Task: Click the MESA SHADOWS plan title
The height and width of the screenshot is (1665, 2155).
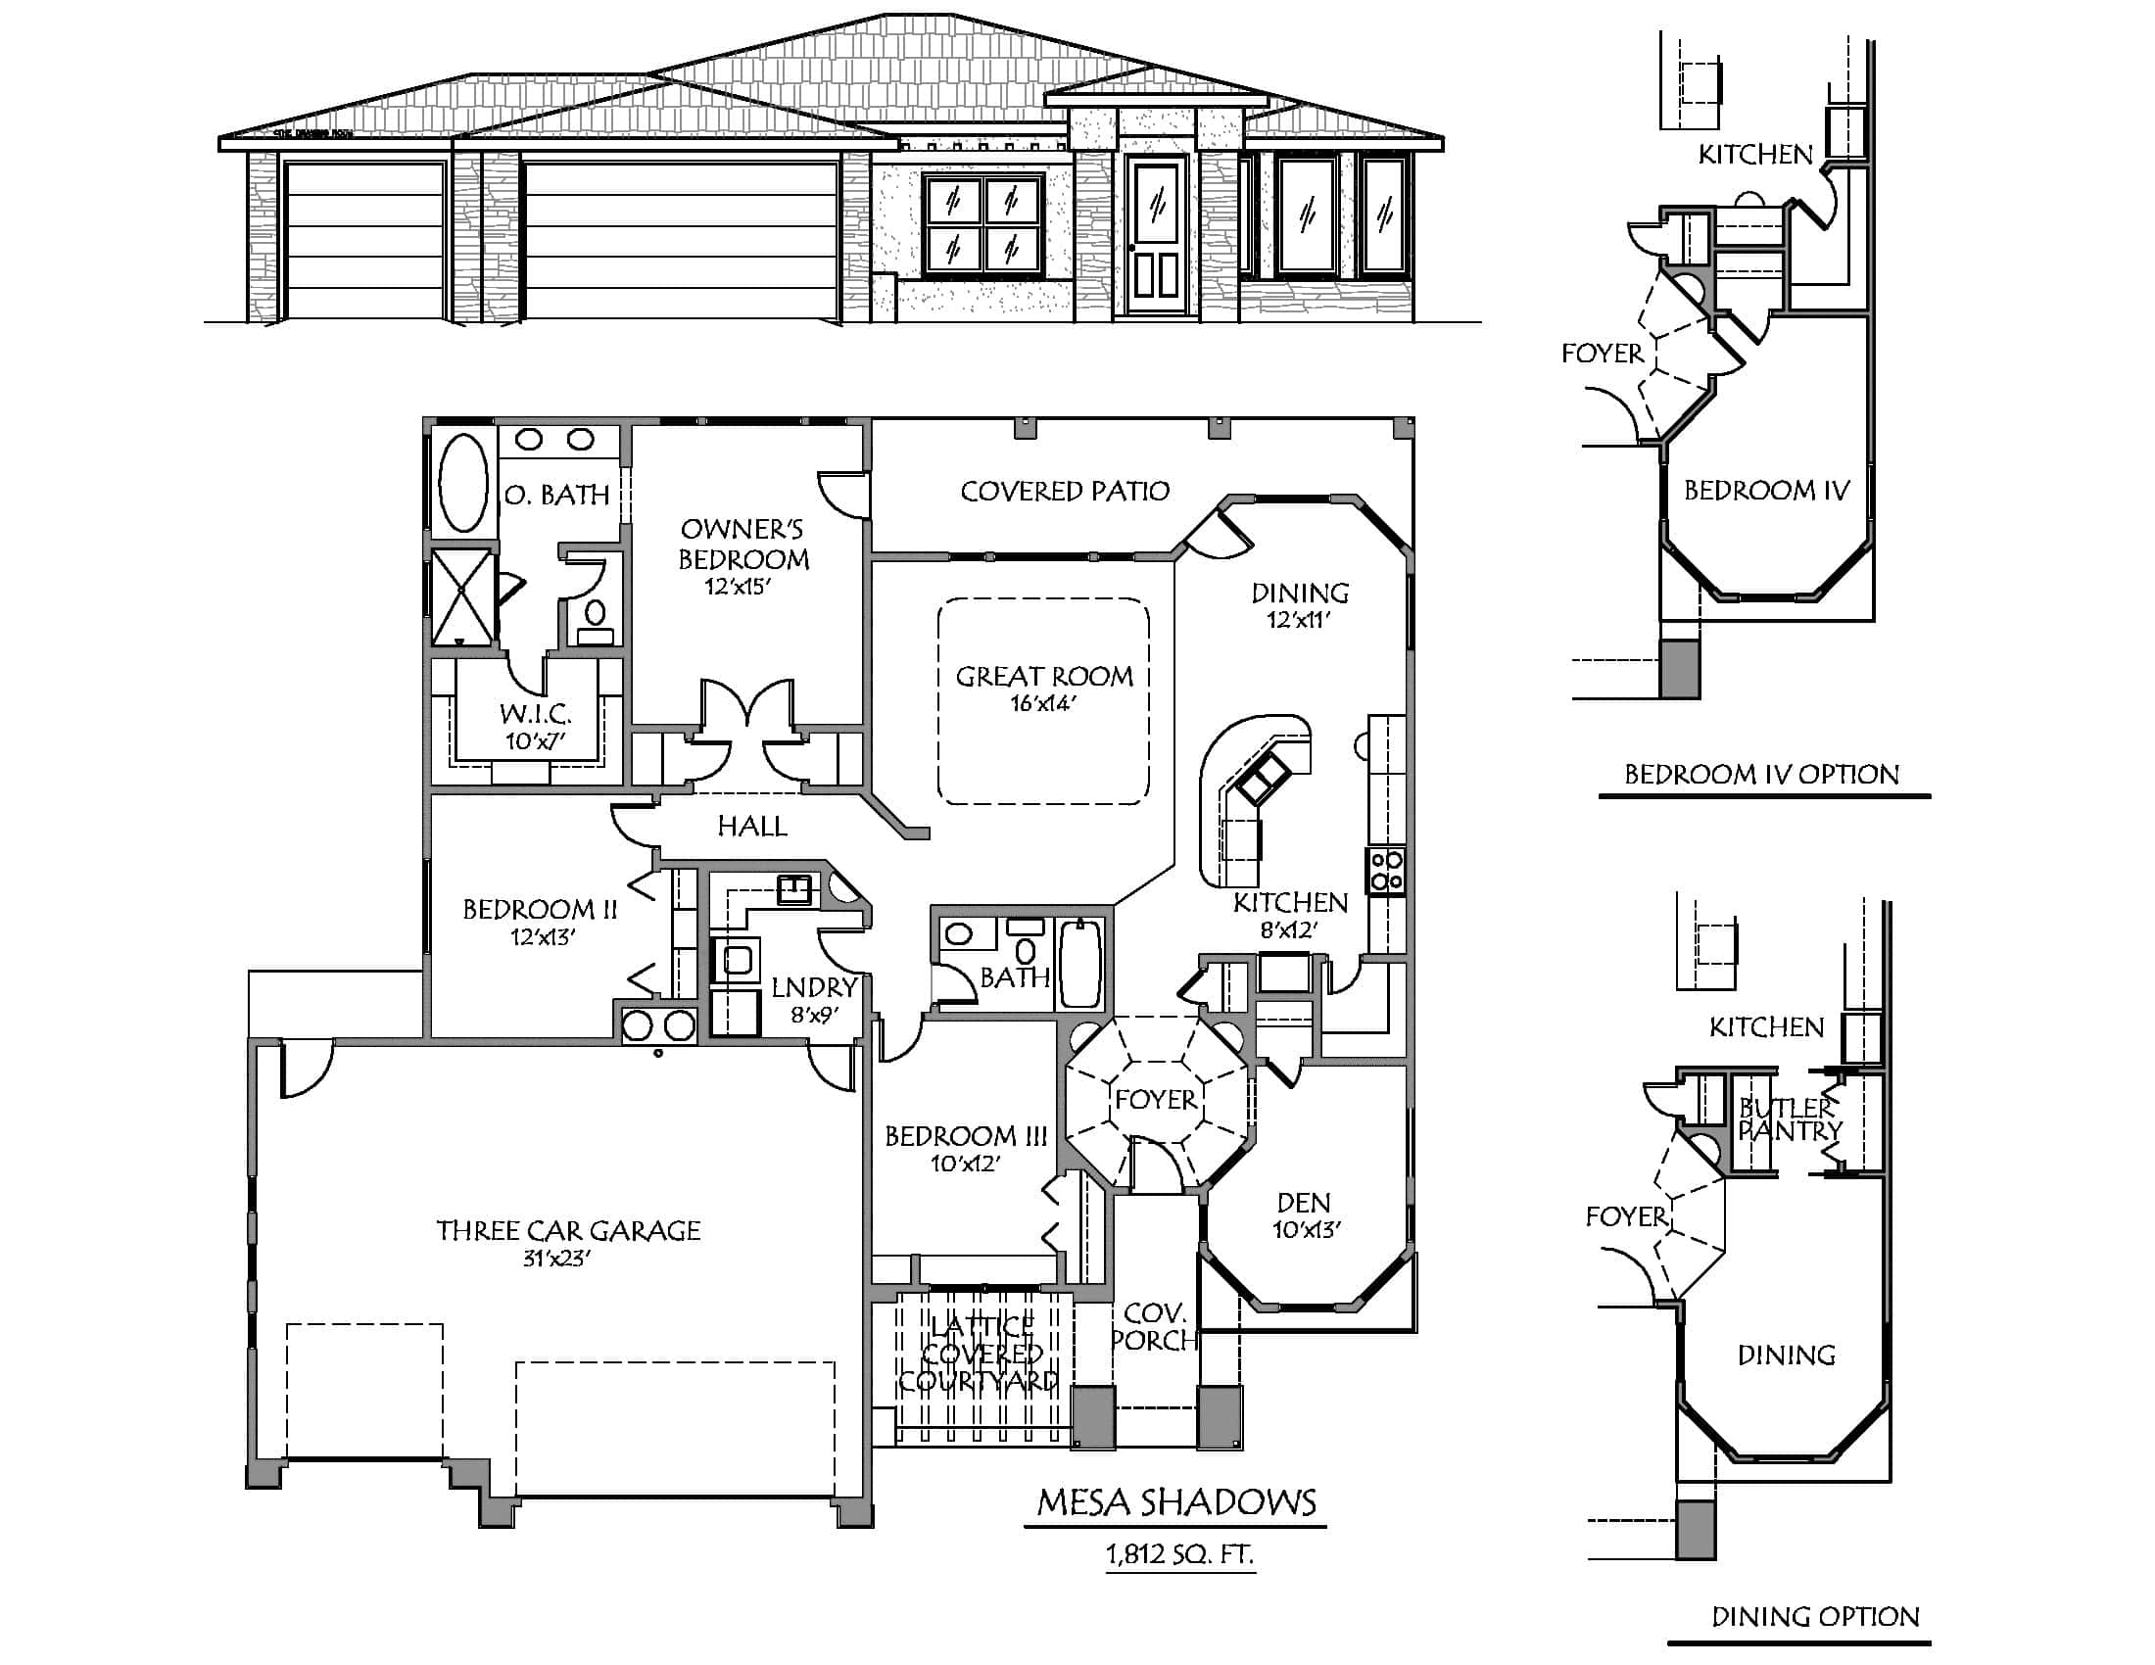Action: [1176, 1502]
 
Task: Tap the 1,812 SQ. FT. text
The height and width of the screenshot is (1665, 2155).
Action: [1179, 1555]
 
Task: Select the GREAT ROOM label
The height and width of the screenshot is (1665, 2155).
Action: [1044, 677]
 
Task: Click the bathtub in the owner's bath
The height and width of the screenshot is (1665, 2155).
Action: [462, 483]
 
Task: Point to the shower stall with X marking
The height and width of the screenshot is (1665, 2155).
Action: [462, 596]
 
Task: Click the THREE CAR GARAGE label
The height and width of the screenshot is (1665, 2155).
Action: [568, 1231]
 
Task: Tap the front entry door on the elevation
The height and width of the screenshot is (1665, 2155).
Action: [1157, 237]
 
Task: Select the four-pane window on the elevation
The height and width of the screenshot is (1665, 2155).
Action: [982, 225]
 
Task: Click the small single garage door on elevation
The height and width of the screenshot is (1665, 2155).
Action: [363, 241]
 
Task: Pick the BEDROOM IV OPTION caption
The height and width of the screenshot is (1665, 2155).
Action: [1761, 775]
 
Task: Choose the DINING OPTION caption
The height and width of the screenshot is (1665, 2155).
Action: [1814, 1617]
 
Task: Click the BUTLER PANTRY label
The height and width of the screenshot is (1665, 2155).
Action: [1788, 1118]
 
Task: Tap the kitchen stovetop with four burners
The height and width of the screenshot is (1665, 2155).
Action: [1386, 871]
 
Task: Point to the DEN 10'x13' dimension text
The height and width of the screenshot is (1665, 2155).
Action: [1305, 1230]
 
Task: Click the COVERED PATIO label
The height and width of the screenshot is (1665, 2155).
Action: [1065, 492]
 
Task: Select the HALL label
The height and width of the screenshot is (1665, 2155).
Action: [752, 827]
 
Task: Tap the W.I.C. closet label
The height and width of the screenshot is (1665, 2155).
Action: [535, 714]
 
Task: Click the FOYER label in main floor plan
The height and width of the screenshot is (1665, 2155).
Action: [1155, 1100]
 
